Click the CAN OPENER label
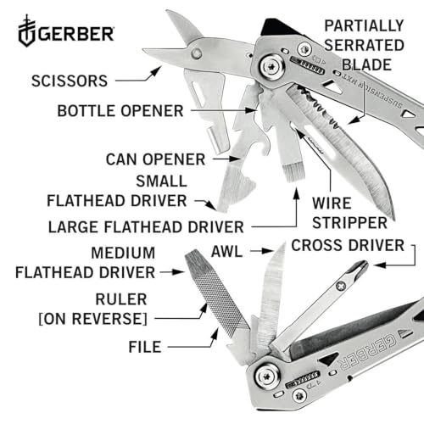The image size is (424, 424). pyautogui.click(x=156, y=159)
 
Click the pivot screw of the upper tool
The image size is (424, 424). pyautogui.click(x=273, y=67)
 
